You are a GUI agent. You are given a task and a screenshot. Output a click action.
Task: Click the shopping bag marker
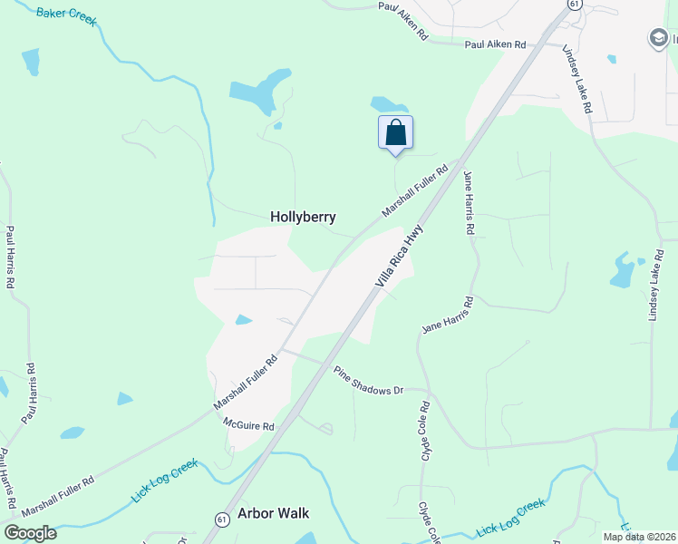pos(395,132)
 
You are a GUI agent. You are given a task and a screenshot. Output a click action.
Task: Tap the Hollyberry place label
pos(303,218)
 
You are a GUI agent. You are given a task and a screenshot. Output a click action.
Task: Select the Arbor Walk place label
pos(273,513)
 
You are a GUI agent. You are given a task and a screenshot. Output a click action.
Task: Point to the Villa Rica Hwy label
pos(400,257)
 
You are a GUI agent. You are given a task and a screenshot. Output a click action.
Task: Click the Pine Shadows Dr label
pos(368,381)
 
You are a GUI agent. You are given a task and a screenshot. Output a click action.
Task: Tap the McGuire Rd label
pos(248,424)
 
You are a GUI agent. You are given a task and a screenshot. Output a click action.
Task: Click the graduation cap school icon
pos(658,38)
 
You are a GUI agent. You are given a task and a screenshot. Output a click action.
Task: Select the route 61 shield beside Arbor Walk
pos(222,519)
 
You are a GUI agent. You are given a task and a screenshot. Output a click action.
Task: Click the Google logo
pos(30,533)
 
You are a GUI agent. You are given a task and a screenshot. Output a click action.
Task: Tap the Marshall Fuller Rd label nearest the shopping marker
pos(415,189)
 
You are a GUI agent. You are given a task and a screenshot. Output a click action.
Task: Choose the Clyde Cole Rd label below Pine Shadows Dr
pos(423,425)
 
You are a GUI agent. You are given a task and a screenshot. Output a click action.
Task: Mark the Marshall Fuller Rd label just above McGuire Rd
pos(245,381)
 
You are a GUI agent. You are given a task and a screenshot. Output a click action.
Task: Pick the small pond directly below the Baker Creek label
pos(31,62)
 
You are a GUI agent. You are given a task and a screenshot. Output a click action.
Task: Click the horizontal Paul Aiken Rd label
pos(495,44)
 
